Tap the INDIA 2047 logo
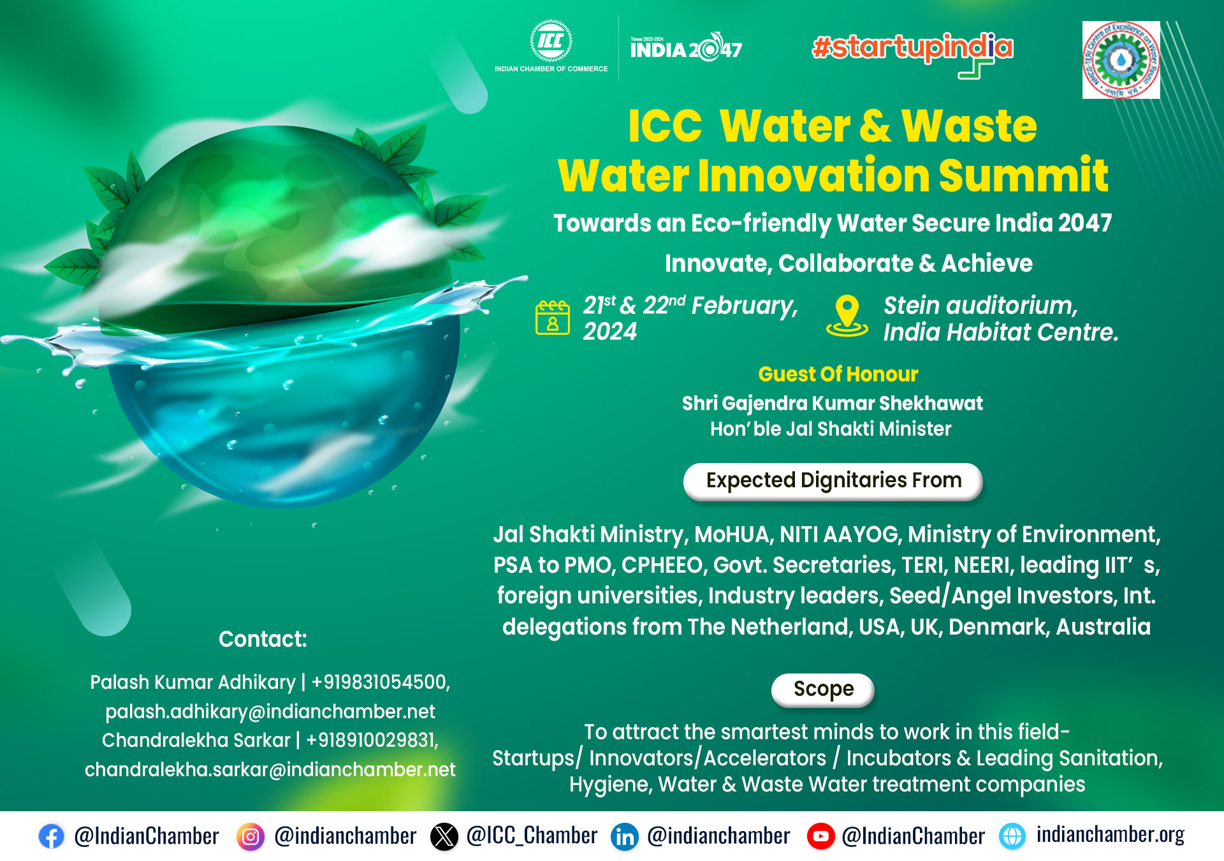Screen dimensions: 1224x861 [686, 48]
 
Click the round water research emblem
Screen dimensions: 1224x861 [1121, 60]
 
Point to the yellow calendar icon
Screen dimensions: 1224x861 [552, 317]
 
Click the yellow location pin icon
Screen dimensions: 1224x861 [847, 316]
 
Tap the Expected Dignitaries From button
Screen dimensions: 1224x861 [833, 481]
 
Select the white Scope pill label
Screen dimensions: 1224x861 [822, 689]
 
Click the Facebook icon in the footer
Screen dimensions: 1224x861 [51, 836]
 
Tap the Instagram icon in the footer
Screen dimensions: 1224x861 [251, 836]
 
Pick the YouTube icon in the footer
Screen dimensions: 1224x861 [820, 836]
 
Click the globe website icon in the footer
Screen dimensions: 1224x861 [1012, 836]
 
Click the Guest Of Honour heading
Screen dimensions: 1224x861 [838, 374]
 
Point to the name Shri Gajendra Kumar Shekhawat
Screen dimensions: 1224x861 [832, 404]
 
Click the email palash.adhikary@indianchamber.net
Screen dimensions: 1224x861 [270, 712]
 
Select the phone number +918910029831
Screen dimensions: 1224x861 [372, 740]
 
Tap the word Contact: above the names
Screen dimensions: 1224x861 [263, 639]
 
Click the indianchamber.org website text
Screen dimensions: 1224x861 [1110, 835]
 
